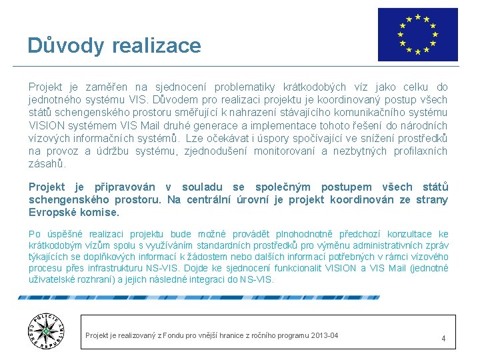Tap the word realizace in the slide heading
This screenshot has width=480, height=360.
[x=157, y=45]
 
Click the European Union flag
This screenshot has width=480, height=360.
[x=417, y=35]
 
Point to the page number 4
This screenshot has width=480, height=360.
[x=443, y=339]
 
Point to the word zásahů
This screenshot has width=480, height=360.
[x=47, y=164]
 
